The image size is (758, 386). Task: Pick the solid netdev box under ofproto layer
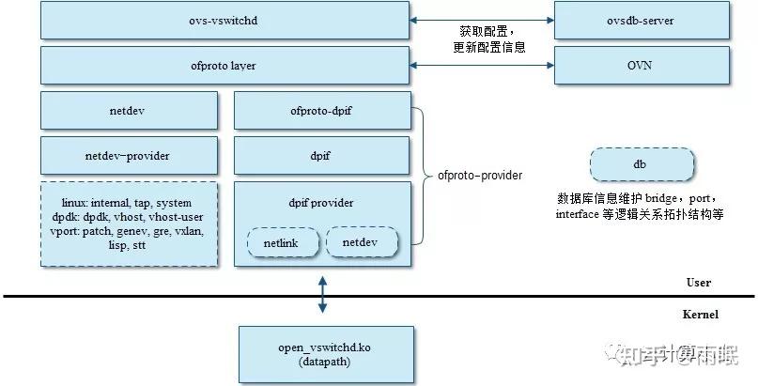(x=128, y=111)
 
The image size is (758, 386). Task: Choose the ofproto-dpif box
(x=321, y=111)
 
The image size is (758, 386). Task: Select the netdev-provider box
(x=128, y=155)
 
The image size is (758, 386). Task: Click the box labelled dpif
(x=321, y=155)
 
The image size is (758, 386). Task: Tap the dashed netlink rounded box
(x=282, y=242)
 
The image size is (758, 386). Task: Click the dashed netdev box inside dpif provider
(x=362, y=242)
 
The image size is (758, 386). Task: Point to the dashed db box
(x=641, y=163)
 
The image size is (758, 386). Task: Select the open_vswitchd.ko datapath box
(x=325, y=354)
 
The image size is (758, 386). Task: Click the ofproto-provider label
(x=479, y=175)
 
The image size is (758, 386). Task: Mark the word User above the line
(x=698, y=282)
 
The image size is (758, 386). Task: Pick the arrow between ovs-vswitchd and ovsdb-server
(x=482, y=20)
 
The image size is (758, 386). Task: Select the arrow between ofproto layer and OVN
(x=482, y=65)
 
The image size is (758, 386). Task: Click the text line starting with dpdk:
(x=128, y=216)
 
